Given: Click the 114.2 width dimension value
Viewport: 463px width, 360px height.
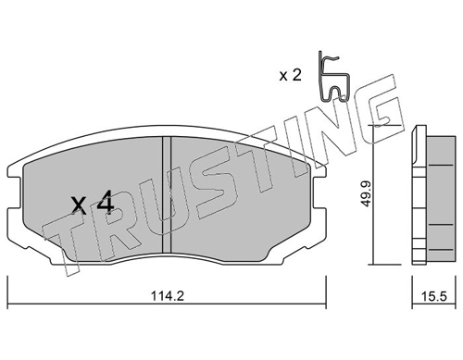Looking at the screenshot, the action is [x=168, y=296].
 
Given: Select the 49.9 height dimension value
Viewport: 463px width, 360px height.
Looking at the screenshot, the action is [x=366, y=194].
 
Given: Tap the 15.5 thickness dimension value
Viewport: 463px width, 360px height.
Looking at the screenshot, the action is [x=434, y=297].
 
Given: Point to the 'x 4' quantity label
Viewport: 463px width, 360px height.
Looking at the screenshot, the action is [x=93, y=202].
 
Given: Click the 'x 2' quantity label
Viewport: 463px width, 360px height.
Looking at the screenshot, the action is [x=290, y=75].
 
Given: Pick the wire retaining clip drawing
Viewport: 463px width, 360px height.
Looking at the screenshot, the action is [x=334, y=77].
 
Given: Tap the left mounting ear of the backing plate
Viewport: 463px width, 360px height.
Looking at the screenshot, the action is [x=15, y=192].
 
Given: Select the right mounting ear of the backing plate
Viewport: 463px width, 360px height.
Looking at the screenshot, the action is [x=319, y=192].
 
